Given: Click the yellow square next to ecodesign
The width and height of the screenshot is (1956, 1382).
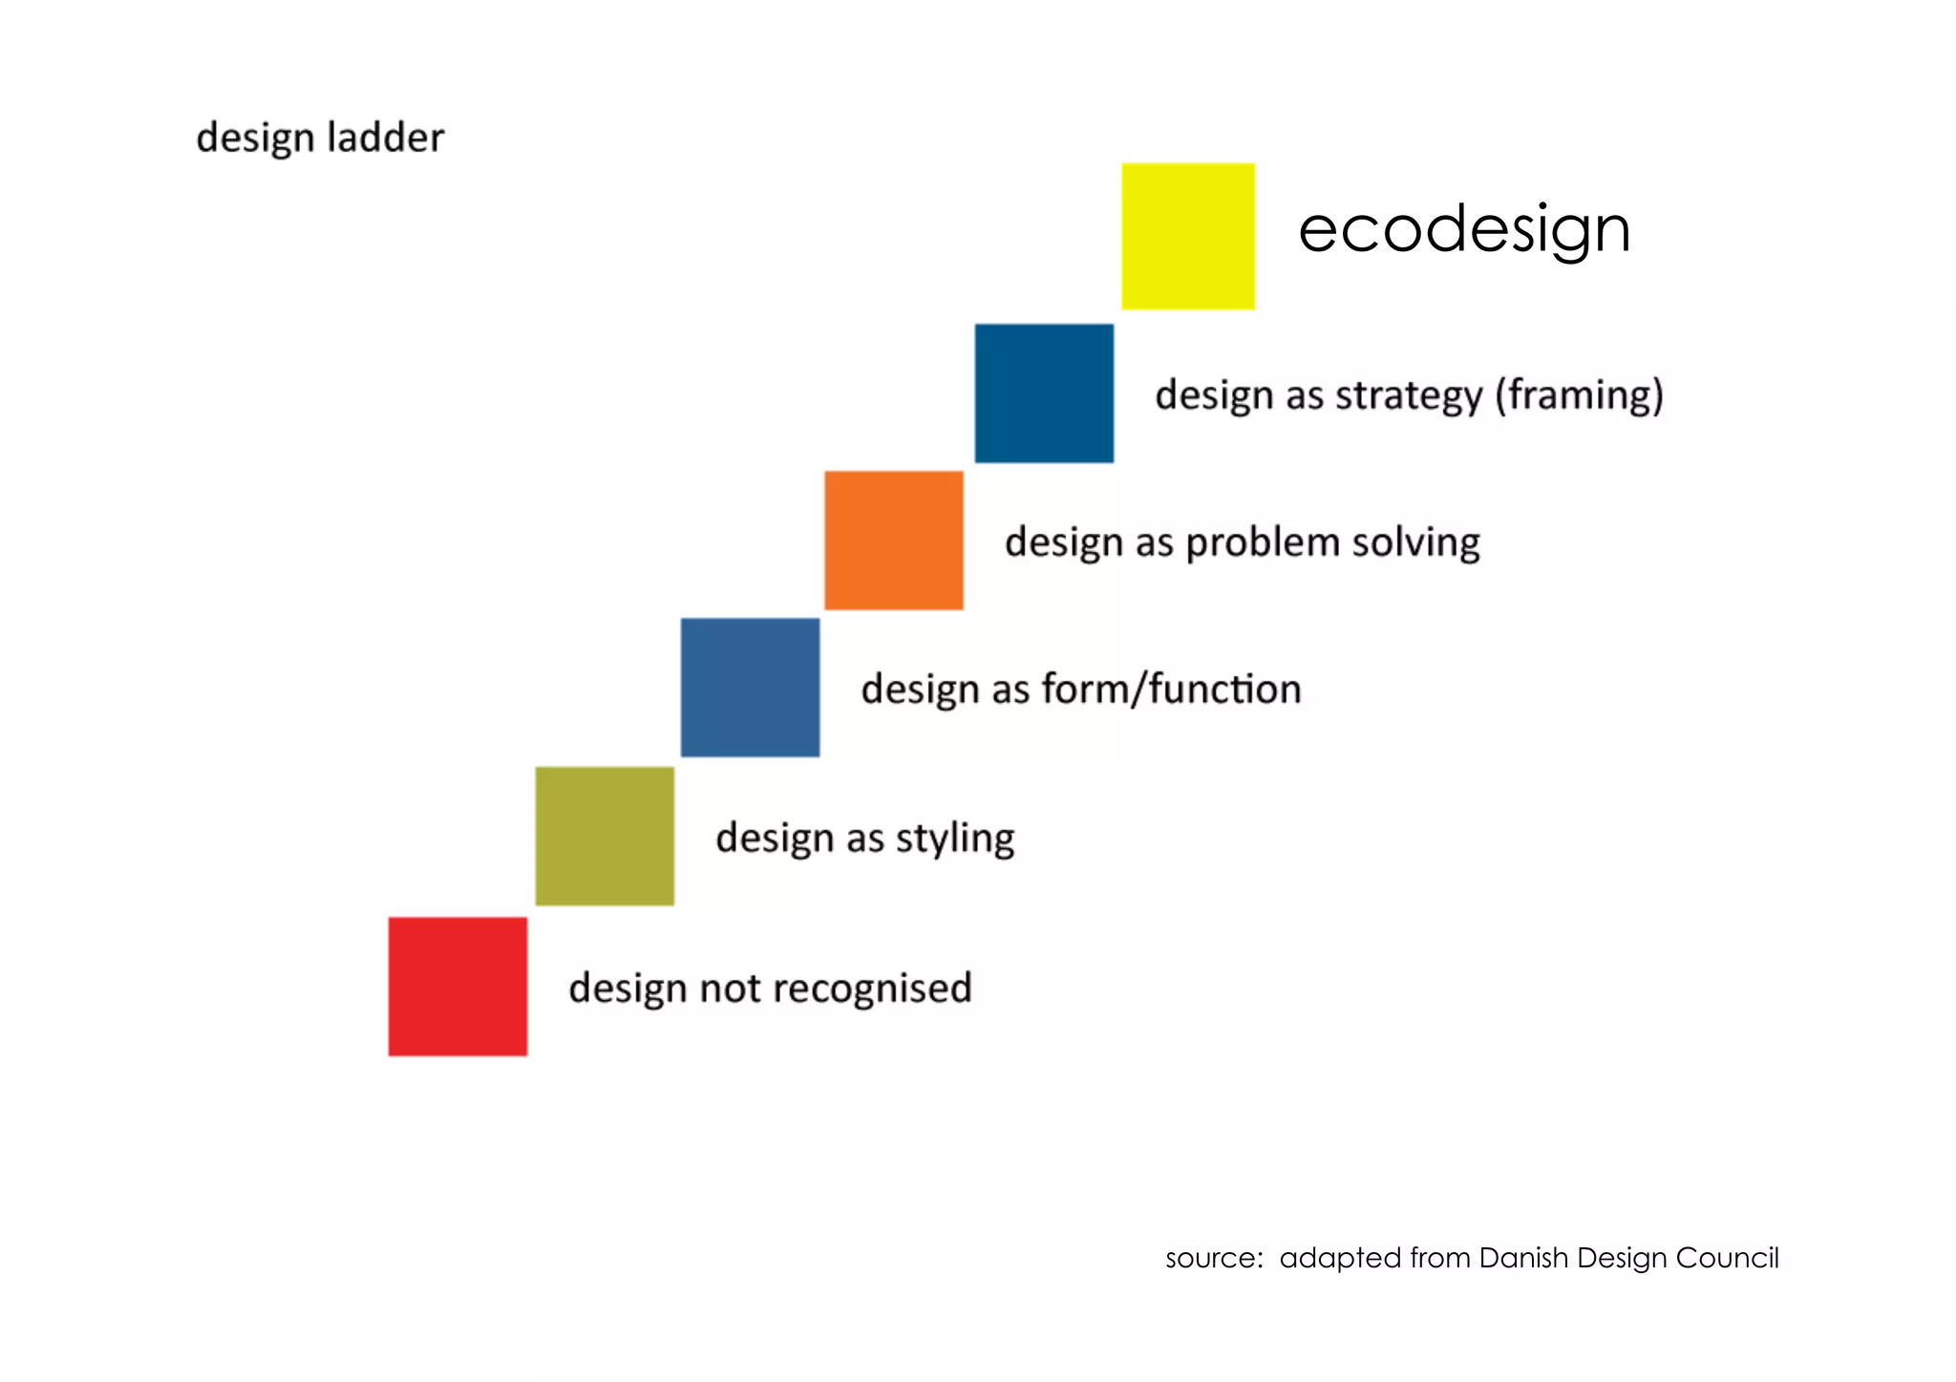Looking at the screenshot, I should (x=1187, y=236).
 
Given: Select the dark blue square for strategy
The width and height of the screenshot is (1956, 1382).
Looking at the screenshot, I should (x=1044, y=393).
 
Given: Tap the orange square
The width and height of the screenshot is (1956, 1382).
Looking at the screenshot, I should (x=893, y=541).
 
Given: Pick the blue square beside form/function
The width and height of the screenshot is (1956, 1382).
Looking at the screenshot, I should (x=750, y=688).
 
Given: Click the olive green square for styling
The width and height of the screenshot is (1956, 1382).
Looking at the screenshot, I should (x=605, y=836).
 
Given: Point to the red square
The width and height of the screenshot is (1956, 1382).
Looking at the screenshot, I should (x=457, y=987).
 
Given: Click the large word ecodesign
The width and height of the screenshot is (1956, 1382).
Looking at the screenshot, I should (x=1463, y=230).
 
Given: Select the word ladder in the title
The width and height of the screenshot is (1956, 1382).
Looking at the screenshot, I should (x=385, y=138).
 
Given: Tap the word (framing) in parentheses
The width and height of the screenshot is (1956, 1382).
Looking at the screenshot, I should (x=1579, y=395).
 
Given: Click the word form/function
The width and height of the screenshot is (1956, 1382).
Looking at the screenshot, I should (x=1171, y=689).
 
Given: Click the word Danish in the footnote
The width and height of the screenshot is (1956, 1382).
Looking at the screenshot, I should (x=1524, y=1258).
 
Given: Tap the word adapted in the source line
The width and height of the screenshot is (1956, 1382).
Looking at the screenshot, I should (x=1340, y=1259).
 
